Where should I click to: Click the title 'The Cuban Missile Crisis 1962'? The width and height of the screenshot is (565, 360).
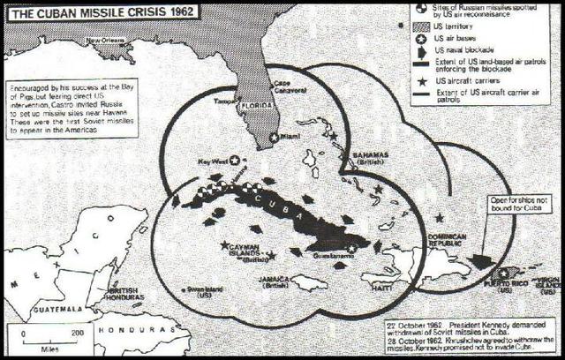tap(100, 11)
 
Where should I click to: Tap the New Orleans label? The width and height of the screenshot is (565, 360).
tap(105, 41)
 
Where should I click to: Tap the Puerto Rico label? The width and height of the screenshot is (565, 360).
tap(506, 283)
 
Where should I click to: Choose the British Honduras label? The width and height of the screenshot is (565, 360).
tap(124, 296)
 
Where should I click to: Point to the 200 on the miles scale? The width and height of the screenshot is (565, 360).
tap(77, 332)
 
